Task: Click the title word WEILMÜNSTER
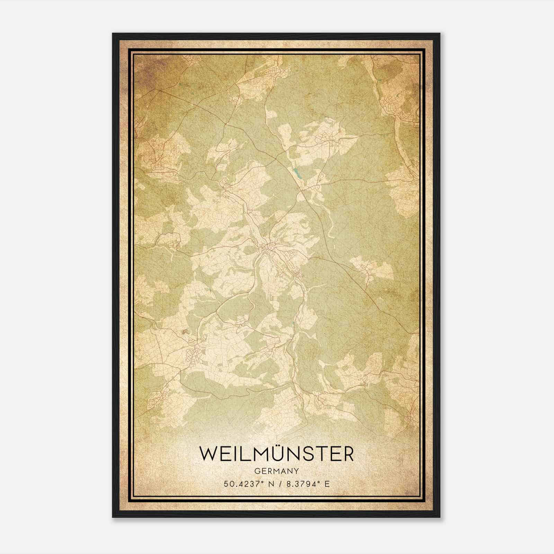pyautogui.click(x=277, y=454)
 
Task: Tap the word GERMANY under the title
pyautogui.click(x=277, y=471)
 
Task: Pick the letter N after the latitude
pyautogui.click(x=271, y=483)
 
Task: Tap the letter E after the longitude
pyautogui.click(x=327, y=483)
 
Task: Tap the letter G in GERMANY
pyautogui.click(x=257, y=471)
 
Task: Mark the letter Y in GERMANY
pyautogui.click(x=297, y=471)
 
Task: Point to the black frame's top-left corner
pyautogui.click(x=113, y=34)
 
